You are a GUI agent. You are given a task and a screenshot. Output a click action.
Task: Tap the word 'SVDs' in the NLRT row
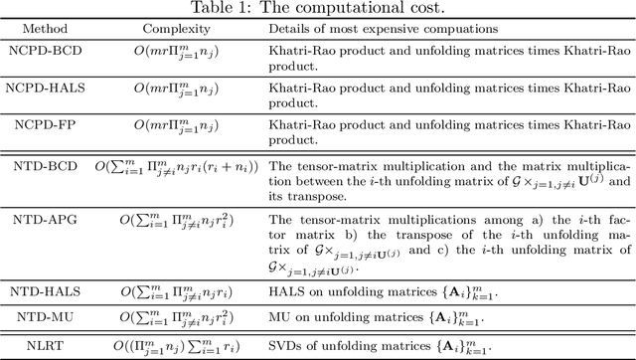tap(285, 346)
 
